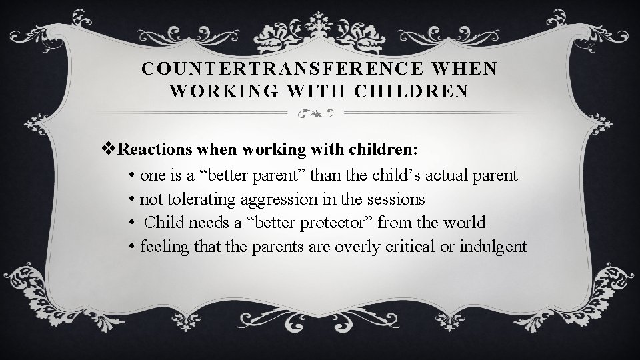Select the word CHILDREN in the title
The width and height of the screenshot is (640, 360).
click(x=415, y=92)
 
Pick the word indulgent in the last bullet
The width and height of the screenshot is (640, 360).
click(x=493, y=247)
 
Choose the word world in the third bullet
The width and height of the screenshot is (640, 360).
click(x=464, y=222)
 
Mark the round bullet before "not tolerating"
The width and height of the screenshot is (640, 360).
click(x=132, y=199)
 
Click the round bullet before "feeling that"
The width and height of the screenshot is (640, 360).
click(x=132, y=247)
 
